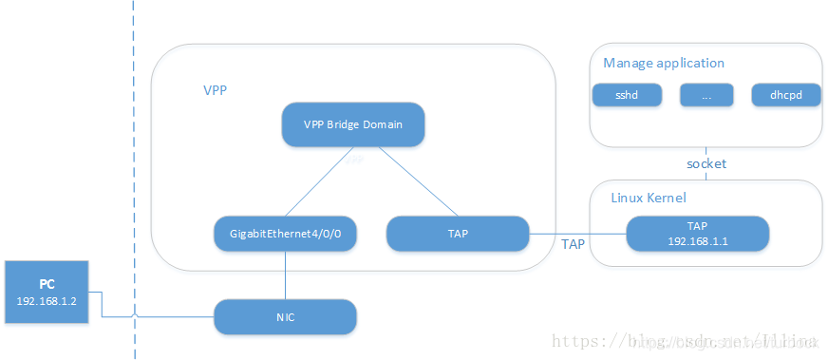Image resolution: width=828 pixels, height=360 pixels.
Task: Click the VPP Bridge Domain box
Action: pos(352,123)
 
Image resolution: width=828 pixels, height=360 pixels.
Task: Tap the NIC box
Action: pos(285,316)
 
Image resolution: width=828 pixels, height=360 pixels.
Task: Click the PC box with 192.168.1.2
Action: pos(47,292)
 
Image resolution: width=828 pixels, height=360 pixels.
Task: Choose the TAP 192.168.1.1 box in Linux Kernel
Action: pos(697,234)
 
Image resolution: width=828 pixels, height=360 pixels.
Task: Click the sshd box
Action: pos(626,96)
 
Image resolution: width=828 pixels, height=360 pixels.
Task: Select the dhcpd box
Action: pos(784,96)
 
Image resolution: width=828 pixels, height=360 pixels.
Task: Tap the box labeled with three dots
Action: pos(706,96)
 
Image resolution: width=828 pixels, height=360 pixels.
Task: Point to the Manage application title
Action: pos(664,63)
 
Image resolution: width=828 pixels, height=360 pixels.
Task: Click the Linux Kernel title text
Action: pos(649,198)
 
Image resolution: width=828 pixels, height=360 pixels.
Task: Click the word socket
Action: pos(706,163)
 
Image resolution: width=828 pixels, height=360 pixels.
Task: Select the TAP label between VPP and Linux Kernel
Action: pos(574,244)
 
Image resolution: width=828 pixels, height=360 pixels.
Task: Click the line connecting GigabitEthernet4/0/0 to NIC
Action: pos(285,275)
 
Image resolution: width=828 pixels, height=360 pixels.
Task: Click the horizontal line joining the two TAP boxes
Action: pos(577,234)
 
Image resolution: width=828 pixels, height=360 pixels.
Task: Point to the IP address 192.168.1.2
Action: pos(47,300)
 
